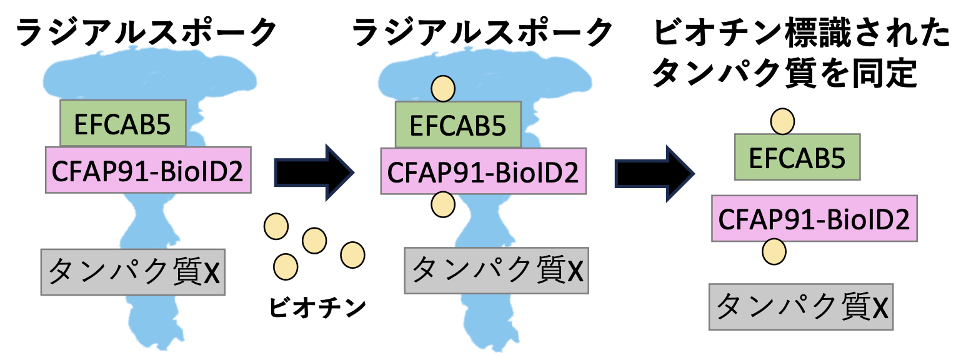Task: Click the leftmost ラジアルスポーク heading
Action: tap(146, 32)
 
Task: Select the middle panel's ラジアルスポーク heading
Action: tap(482, 32)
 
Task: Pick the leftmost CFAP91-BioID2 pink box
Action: tap(148, 169)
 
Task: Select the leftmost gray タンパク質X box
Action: tap(132, 272)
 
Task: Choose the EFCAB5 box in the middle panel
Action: tap(458, 124)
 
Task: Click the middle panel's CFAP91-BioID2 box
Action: tap(483, 171)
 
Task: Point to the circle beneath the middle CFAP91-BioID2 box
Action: tap(443, 204)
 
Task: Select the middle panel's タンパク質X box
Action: tap(496, 270)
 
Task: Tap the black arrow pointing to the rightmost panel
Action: tap(654, 174)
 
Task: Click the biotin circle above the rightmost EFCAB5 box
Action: tap(782, 121)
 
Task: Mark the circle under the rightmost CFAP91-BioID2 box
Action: tap(774, 251)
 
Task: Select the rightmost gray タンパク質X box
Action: tap(801, 306)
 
